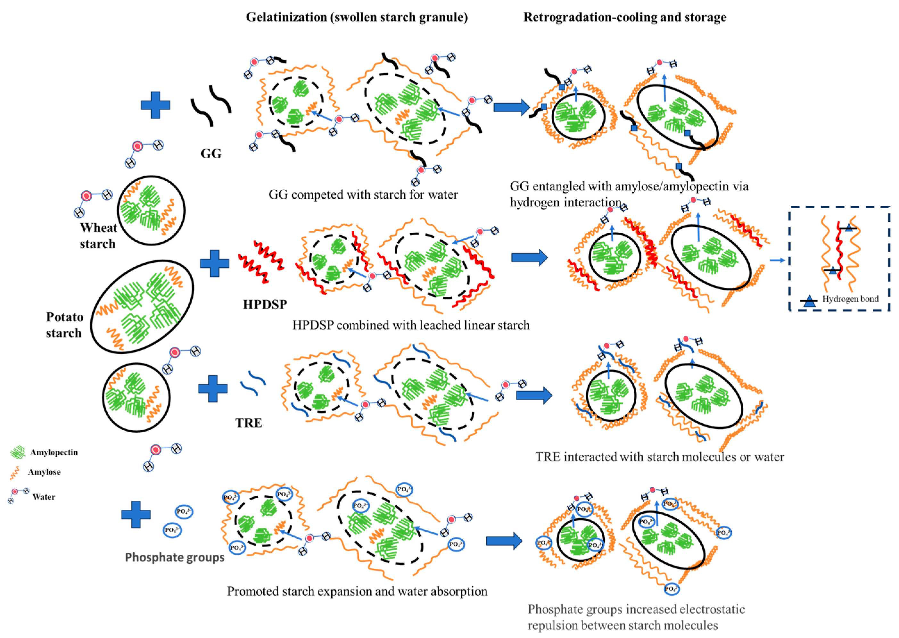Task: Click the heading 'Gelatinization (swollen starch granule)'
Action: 357,17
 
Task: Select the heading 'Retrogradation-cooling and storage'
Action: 624,17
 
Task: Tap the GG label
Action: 211,153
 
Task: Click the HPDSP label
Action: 265,304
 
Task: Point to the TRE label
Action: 249,423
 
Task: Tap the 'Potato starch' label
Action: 64,325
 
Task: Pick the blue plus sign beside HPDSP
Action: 214,263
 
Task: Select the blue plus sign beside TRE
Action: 213,388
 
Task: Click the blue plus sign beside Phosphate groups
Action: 136,514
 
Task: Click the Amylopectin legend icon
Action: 18,452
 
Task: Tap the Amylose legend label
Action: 44,472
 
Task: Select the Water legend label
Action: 44,497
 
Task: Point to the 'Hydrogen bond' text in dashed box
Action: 850,299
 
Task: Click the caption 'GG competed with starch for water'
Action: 363,195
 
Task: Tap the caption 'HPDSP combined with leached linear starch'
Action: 411,325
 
